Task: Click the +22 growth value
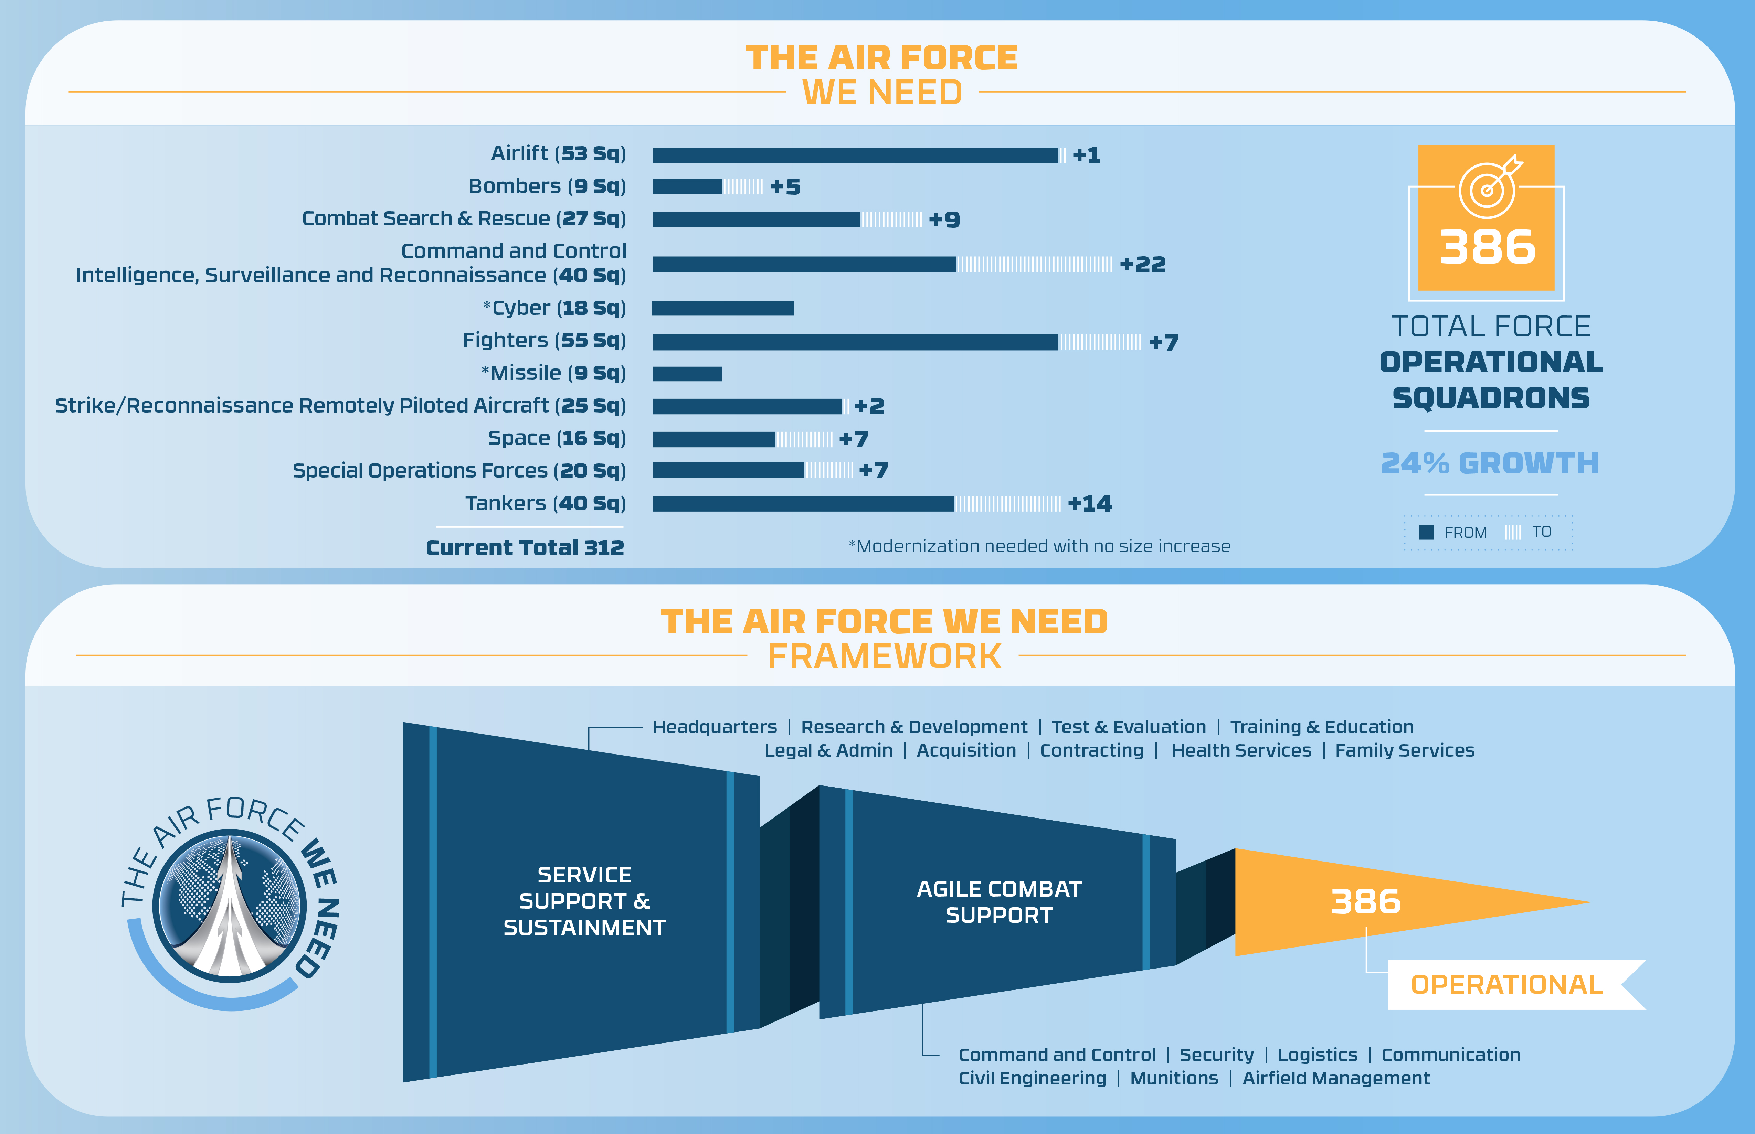pyautogui.click(x=1142, y=265)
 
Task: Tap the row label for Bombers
pyautogui.click(x=547, y=186)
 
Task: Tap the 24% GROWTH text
pyautogui.click(x=1489, y=463)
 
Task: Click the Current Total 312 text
pyautogui.click(x=524, y=548)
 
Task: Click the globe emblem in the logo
pyautogui.click(x=230, y=906)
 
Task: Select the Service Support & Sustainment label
pyautogui.click(x=584, y=901)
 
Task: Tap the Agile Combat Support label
pyautogui.click(x=998, y=902)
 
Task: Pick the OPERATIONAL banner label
pyautogui.click(x=1506, y=985)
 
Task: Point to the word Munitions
pyautogui.click(x=1174, y=1079)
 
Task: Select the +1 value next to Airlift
pyautogui.click(x=1086, y=156)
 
